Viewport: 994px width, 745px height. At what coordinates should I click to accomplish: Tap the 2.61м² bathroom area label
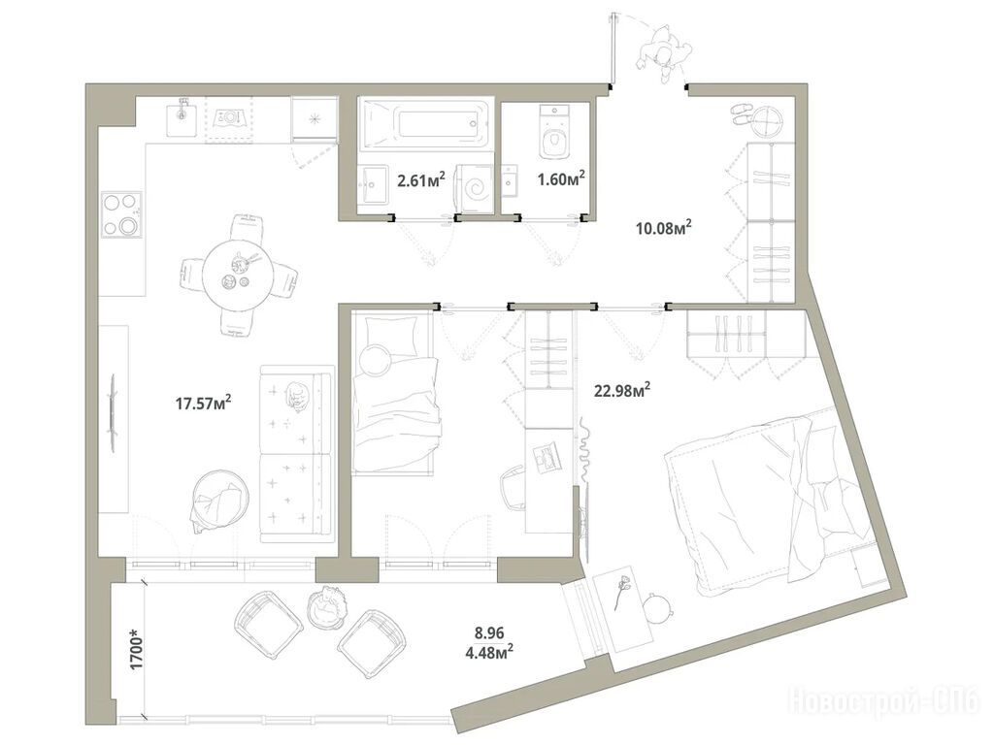[x=420, y=180]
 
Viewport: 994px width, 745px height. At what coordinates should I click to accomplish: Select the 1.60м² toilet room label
[x=560, y=179]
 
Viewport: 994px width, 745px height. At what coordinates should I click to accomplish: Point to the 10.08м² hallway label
[x=663, y=227]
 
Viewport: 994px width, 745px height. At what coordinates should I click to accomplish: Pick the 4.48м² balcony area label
[x=489, y=650]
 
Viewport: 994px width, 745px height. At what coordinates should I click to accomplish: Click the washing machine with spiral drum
[x=476, y=188]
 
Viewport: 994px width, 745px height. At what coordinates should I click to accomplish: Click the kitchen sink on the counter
[x=183, y=117]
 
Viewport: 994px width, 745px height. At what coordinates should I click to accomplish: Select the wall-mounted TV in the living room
[x=114, y=413]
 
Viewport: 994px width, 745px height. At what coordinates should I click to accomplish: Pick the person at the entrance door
[x=663, y=54]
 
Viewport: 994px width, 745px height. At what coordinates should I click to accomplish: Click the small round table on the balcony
[x=327, y=607]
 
